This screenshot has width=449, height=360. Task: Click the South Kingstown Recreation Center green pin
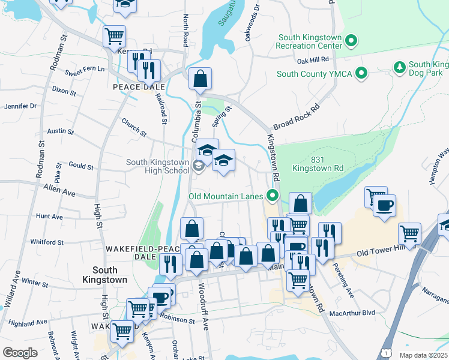[x=352, y=41]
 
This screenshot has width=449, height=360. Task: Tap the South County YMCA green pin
[x=361, y=74]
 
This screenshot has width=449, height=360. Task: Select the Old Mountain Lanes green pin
[x=273, y=196]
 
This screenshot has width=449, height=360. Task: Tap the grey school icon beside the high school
[x=199, y=166]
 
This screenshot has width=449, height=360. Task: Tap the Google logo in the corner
[x=19, y=352]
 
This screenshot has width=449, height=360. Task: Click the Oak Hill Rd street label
[x=313, y=60]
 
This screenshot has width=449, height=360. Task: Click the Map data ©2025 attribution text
[x=424, y=355]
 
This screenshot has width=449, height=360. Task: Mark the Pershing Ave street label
[x=349, y=287]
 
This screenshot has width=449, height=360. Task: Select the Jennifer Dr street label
[x=20, y=106]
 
